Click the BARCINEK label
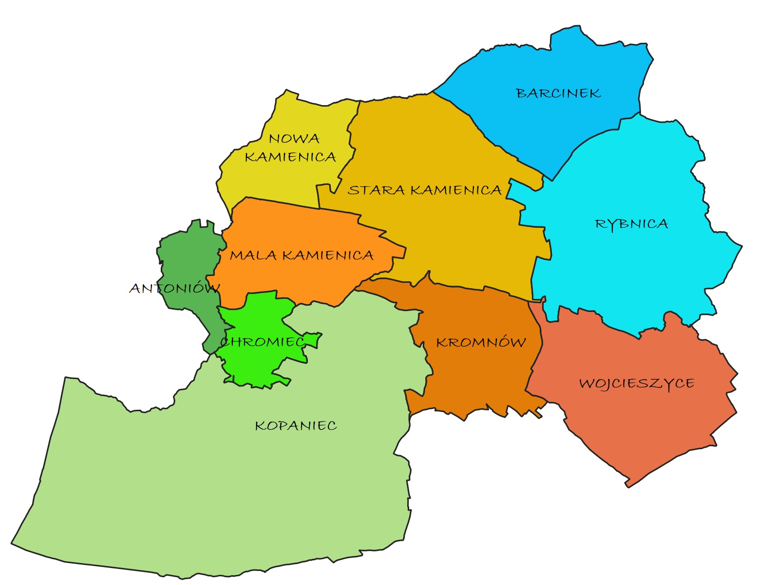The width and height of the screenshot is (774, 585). tap(558, 93)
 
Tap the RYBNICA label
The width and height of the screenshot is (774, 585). tap(631, 224)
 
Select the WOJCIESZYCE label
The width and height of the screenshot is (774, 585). tap(637, 384)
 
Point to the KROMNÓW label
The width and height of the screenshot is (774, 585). tap(481, 343)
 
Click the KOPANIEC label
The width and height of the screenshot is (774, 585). tap(296, 426)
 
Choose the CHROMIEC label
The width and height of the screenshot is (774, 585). tap(262, 342)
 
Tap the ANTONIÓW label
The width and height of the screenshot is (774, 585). tap(174, 288)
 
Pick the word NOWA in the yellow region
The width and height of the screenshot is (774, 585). tap(294, 139)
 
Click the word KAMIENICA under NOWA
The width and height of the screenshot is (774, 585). tap(290, 157)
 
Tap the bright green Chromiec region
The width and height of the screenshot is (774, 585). tap(258, 365)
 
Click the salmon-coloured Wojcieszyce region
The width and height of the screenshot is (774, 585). tap(633, 423)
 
